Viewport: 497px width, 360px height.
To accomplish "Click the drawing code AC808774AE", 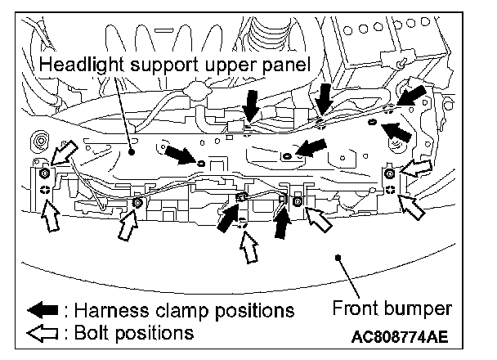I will [x=401, y=336].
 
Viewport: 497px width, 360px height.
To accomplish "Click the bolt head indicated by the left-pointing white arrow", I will [x=391, y=173].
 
